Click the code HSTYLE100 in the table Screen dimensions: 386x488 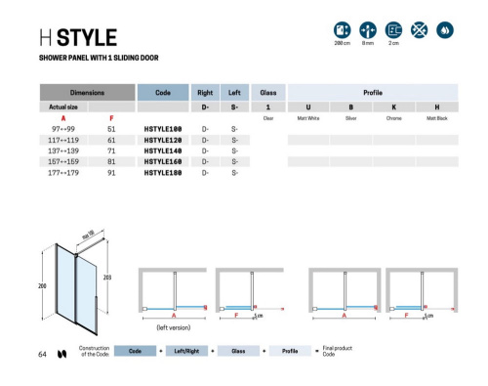[163, 129]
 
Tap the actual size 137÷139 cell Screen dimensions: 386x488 [63, 150]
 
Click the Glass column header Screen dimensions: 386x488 [267, 91]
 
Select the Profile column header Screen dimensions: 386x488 [372, 91]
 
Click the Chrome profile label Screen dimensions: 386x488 [393, 117]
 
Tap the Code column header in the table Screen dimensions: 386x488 [163, 91]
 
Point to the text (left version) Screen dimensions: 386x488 [174, 326]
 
